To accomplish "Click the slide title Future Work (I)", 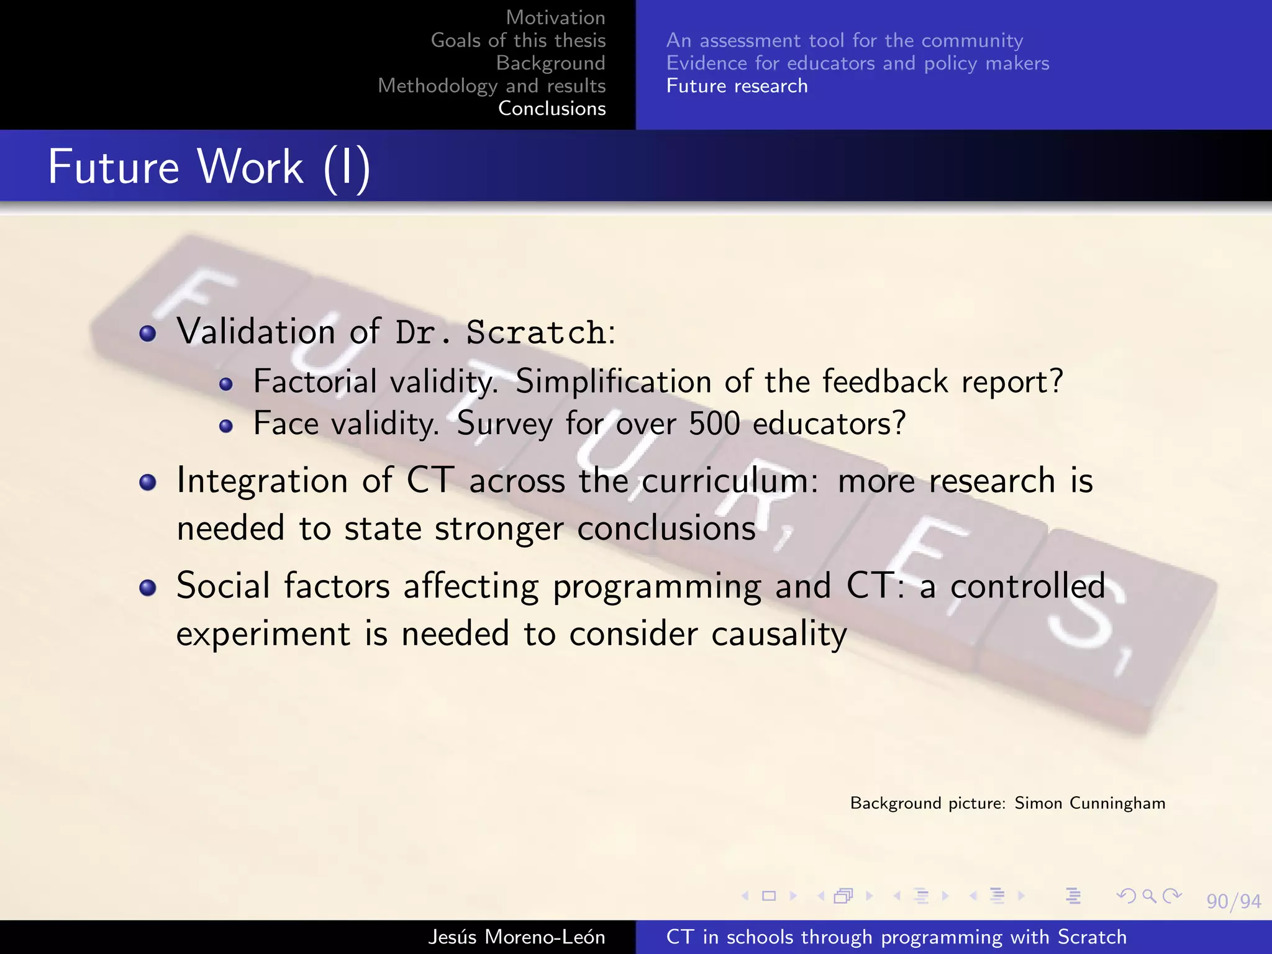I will [x=209, y=168].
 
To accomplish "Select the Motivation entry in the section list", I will [x=555, y=17].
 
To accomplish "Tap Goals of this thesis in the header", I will [x=518, y=40].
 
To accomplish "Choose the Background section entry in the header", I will [x=550, y=63].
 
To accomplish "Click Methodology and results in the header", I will [x=491, y=86].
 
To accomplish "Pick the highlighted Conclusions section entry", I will [x=552, y=108].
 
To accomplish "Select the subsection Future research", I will [x=737, y=86].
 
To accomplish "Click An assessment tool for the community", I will [x=844, y=40].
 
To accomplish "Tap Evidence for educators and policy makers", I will [x=857, y=63].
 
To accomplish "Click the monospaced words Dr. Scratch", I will [x=501, y=332].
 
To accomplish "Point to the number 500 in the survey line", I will [x=714, y=424].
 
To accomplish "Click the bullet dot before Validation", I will [x=148, y=334].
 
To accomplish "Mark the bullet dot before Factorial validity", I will [x=226, y=384].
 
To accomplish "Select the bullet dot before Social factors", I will [x=148, y=588].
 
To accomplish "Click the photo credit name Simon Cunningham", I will [x=1089, y=803].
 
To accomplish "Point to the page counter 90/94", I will [x=1233, y=901].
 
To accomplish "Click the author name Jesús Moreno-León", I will [x=516, y=937].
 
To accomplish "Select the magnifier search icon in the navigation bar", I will [x=1149, y=896].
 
